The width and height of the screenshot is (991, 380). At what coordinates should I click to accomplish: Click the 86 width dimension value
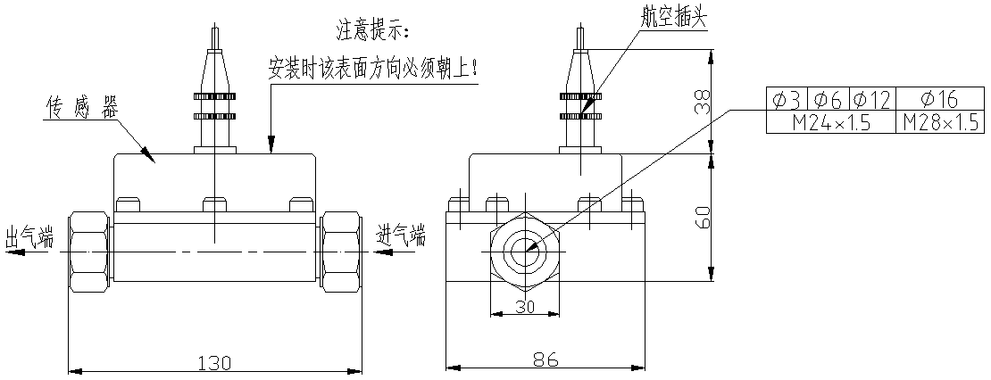(545, 359)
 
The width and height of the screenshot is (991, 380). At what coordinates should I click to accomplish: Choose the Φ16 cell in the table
(938, 99)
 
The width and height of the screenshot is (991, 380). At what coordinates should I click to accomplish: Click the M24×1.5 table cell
(831, 122)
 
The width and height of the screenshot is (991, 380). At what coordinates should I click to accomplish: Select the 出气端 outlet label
(29, 237)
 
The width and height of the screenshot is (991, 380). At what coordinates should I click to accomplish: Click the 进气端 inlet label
(401, 236)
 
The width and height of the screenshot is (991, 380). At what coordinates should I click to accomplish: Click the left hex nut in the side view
(90, 252)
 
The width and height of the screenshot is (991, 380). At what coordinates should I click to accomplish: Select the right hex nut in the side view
(342, 252)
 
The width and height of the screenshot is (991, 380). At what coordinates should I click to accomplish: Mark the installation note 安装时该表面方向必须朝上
(373, 68)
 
